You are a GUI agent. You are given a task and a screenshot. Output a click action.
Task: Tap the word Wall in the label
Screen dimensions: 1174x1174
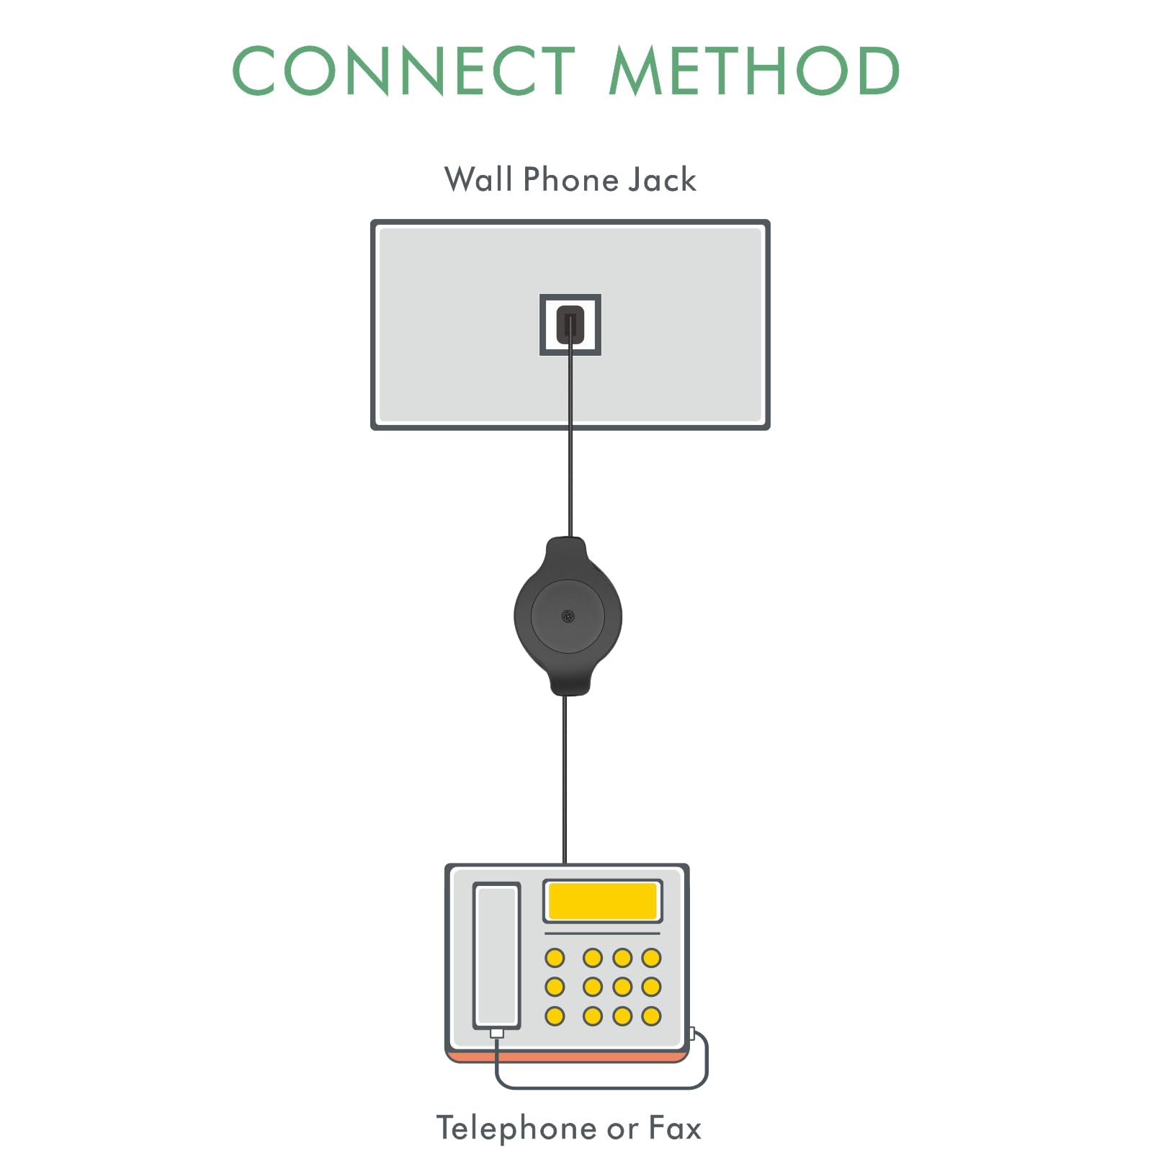click(478, 179)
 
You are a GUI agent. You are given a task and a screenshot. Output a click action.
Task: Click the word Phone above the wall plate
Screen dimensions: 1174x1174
click(570, 179)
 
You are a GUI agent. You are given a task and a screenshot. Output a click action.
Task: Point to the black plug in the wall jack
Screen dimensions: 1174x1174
click(570, 324)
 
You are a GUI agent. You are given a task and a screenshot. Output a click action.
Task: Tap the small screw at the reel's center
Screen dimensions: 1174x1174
click(568, 616)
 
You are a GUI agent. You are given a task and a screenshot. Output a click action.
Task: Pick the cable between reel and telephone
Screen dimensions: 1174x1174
click(565, 778)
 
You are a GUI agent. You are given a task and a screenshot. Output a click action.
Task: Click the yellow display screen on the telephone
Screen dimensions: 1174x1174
click(602, 900)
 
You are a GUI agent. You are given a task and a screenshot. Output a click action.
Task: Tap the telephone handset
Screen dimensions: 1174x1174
click(497, 954)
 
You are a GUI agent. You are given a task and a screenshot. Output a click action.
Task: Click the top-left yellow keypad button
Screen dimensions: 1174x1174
click(555, 958)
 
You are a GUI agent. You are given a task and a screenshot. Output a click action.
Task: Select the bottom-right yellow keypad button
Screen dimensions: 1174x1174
click(651, 1016)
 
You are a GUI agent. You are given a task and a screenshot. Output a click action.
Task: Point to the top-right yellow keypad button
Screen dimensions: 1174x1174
click(651, 958)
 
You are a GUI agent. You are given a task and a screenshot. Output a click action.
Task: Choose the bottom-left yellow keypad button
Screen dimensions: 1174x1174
click(555, 1016)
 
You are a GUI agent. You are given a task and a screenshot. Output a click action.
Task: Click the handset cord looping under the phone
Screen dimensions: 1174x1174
click(601, 1086)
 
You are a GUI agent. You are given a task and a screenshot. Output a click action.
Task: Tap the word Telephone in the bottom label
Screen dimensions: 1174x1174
click(516, 1128)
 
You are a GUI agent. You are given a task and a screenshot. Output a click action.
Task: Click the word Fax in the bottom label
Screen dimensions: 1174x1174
click(675, 1128)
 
